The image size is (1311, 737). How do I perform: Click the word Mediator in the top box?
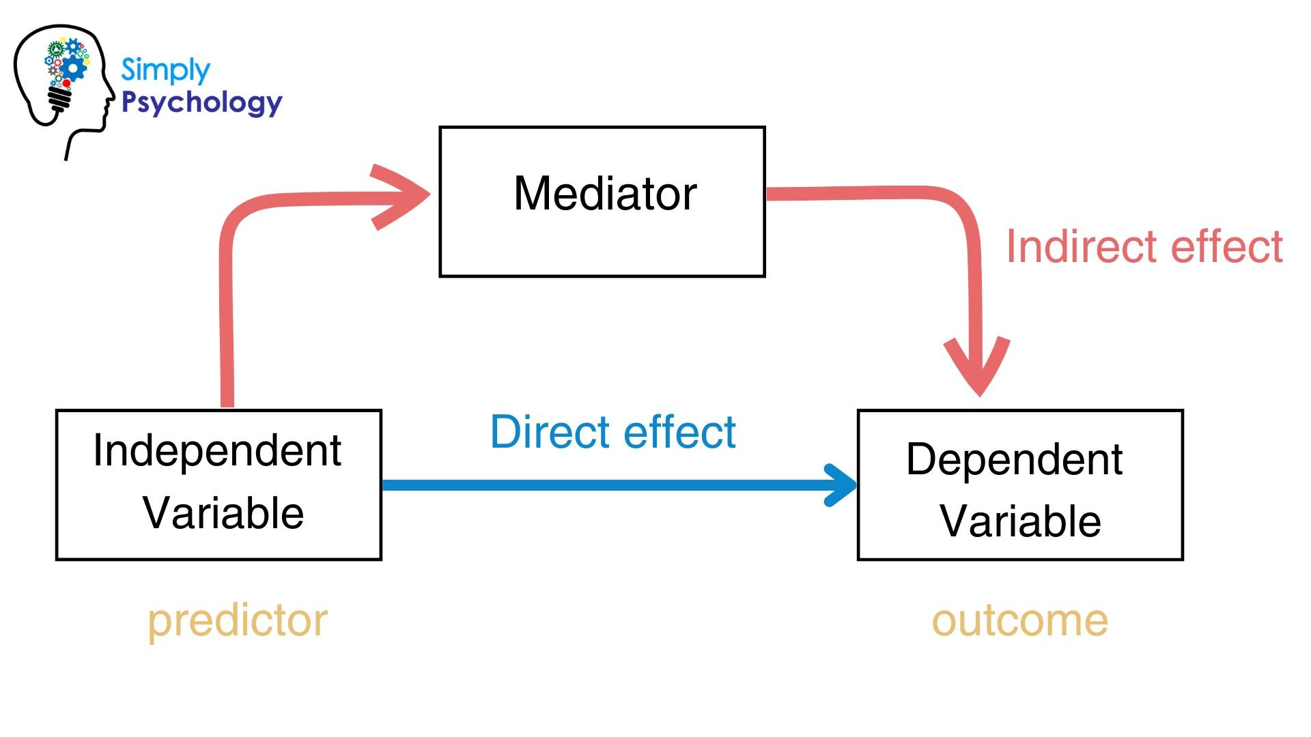point(605,194)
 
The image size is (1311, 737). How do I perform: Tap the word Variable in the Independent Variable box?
point(223,513)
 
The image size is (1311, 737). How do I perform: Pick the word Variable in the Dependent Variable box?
point(1020,521)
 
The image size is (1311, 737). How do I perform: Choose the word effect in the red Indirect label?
point(1226,246)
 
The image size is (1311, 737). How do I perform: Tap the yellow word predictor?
point(238,621)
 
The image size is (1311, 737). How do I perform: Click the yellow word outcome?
point(1019,621)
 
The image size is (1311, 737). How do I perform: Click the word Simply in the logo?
point(165,70)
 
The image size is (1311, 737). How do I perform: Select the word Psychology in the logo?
point(201,103)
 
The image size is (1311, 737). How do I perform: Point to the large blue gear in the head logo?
point(74,67)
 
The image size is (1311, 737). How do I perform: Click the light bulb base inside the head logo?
point(60,100)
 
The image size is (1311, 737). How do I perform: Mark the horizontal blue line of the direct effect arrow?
point(601,485)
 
